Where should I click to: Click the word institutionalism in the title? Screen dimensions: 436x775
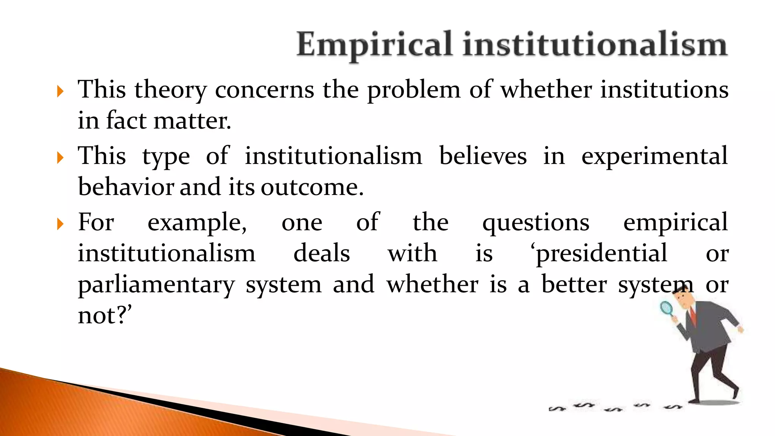point(595,45)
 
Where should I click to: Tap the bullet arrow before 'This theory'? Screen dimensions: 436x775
point(60,91)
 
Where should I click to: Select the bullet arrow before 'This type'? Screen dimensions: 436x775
point(60,157)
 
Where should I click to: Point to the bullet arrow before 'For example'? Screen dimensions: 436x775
point(60,224)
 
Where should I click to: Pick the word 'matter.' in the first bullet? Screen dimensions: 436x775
point(192,121)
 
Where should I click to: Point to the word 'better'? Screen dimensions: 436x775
point(574,285)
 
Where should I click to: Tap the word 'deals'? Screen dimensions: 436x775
point(322,254)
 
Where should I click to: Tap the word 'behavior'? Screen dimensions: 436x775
point(126,187)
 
